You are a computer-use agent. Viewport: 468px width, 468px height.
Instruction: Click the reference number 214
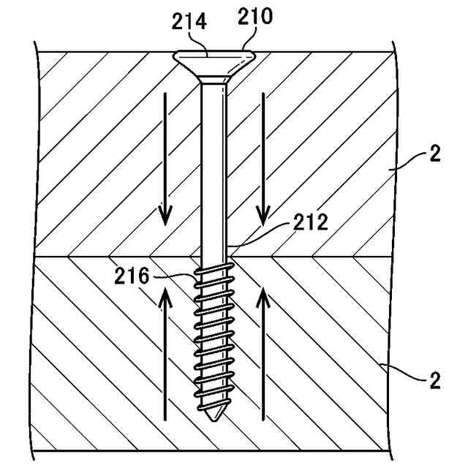[189, 23]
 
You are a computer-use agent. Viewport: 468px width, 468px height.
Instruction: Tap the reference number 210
[256, 17]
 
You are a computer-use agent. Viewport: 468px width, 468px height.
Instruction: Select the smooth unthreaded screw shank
[213, 168]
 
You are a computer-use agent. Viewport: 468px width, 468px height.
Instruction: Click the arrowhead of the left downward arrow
[166, 216]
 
